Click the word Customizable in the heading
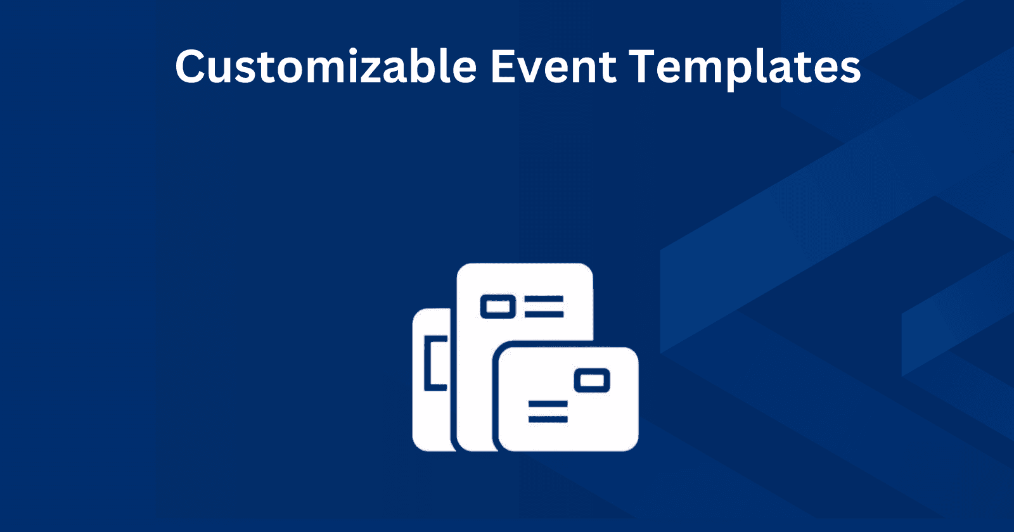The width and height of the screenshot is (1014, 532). (x=326, y=66)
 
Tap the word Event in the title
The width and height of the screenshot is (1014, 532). (x=553, y=66)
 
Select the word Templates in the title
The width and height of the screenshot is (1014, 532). (x=745, y=66)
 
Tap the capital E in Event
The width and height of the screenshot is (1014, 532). (x=504, y=66)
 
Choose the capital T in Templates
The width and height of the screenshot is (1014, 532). (x=645, y=66)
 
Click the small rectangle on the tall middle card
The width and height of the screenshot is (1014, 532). (x=498, y=307)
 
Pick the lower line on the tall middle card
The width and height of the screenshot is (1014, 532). (x=544, y=313)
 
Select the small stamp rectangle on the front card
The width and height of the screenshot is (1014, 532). (x=592, y=381)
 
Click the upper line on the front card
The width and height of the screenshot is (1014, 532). (x=548, y=404)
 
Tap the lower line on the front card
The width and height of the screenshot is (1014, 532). (x=548, y=419)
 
